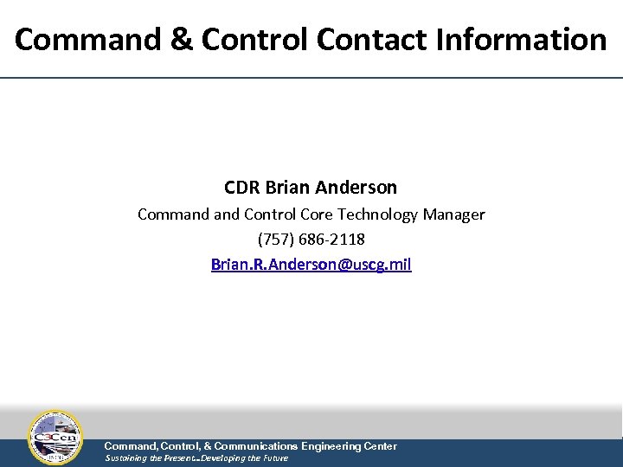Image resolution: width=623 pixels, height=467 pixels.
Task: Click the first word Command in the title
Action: (89, 39)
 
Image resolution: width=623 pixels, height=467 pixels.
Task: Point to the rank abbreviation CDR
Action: (242, 188)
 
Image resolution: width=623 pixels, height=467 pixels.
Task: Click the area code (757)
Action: (276, 239)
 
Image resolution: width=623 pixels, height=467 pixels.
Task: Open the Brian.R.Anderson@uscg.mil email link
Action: (311, 264)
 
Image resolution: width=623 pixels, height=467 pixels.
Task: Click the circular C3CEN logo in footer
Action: (55, 438)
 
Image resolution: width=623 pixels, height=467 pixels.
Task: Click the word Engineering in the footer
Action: (332, 446)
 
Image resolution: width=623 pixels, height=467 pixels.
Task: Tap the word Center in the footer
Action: (381, 446)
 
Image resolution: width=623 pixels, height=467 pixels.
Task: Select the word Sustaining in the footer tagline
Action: (125, 458)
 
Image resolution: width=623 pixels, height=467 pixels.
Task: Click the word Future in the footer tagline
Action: (274, 458)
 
